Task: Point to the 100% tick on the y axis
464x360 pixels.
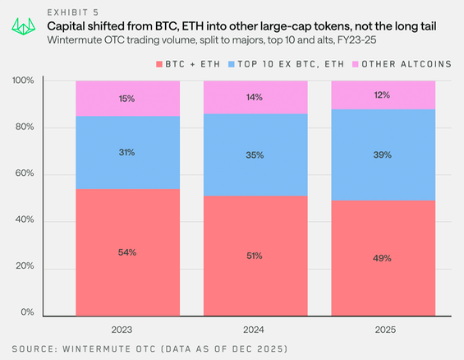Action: (22, 81)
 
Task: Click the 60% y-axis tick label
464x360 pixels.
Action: (24, 173)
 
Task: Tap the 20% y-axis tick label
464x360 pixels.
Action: (24, 267)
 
